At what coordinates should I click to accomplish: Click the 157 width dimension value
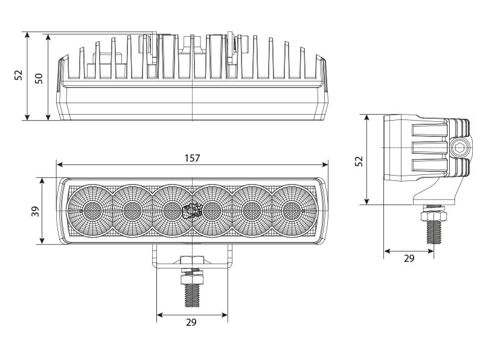click(192, 158)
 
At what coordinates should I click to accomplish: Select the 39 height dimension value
click(35, 211)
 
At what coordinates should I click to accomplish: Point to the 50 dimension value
click(39, 77)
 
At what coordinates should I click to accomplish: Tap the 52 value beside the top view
click(18, 75)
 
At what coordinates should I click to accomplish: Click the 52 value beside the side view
click(358, 160)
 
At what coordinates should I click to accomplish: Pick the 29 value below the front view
click(191, 323)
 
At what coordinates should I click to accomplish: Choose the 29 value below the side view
click(409, 258)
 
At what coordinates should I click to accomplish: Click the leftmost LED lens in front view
click(92, 210)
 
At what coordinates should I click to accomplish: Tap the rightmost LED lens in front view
click(291, 210)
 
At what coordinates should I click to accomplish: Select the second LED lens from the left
click(132, 210)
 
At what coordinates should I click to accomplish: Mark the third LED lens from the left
click(171, 210)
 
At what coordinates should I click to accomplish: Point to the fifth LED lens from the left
click(251, 210)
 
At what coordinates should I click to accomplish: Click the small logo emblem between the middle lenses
click(192, 211)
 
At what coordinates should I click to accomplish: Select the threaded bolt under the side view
click(432, 232)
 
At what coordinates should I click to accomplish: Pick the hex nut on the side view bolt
click(432, 214)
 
